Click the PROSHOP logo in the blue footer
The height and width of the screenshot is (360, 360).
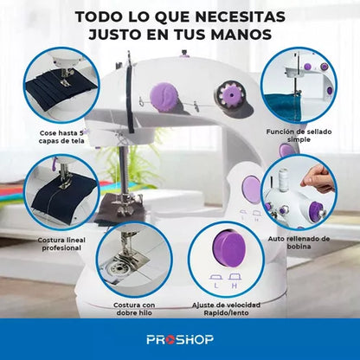tap(180, 339)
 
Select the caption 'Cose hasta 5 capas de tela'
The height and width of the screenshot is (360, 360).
tap(61, 137)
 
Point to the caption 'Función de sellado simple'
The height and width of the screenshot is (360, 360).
tap(299, 136)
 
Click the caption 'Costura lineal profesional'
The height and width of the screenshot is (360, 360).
tap(61, 244)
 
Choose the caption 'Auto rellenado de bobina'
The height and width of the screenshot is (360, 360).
tap(299, 242)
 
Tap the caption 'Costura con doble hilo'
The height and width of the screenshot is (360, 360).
tap(134, 309)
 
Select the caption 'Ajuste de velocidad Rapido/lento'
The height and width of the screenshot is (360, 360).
tap(226, 309)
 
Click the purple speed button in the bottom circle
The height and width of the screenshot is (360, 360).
tap(228, 247)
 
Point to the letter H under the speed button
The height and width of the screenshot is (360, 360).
tap(235, 286)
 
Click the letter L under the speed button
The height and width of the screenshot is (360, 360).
tap(216, 286)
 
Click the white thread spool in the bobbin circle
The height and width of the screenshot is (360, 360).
tap(283, 179)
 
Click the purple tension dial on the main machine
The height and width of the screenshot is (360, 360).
tap(164, 96)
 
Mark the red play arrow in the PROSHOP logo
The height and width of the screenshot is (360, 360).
tap(170, 340)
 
